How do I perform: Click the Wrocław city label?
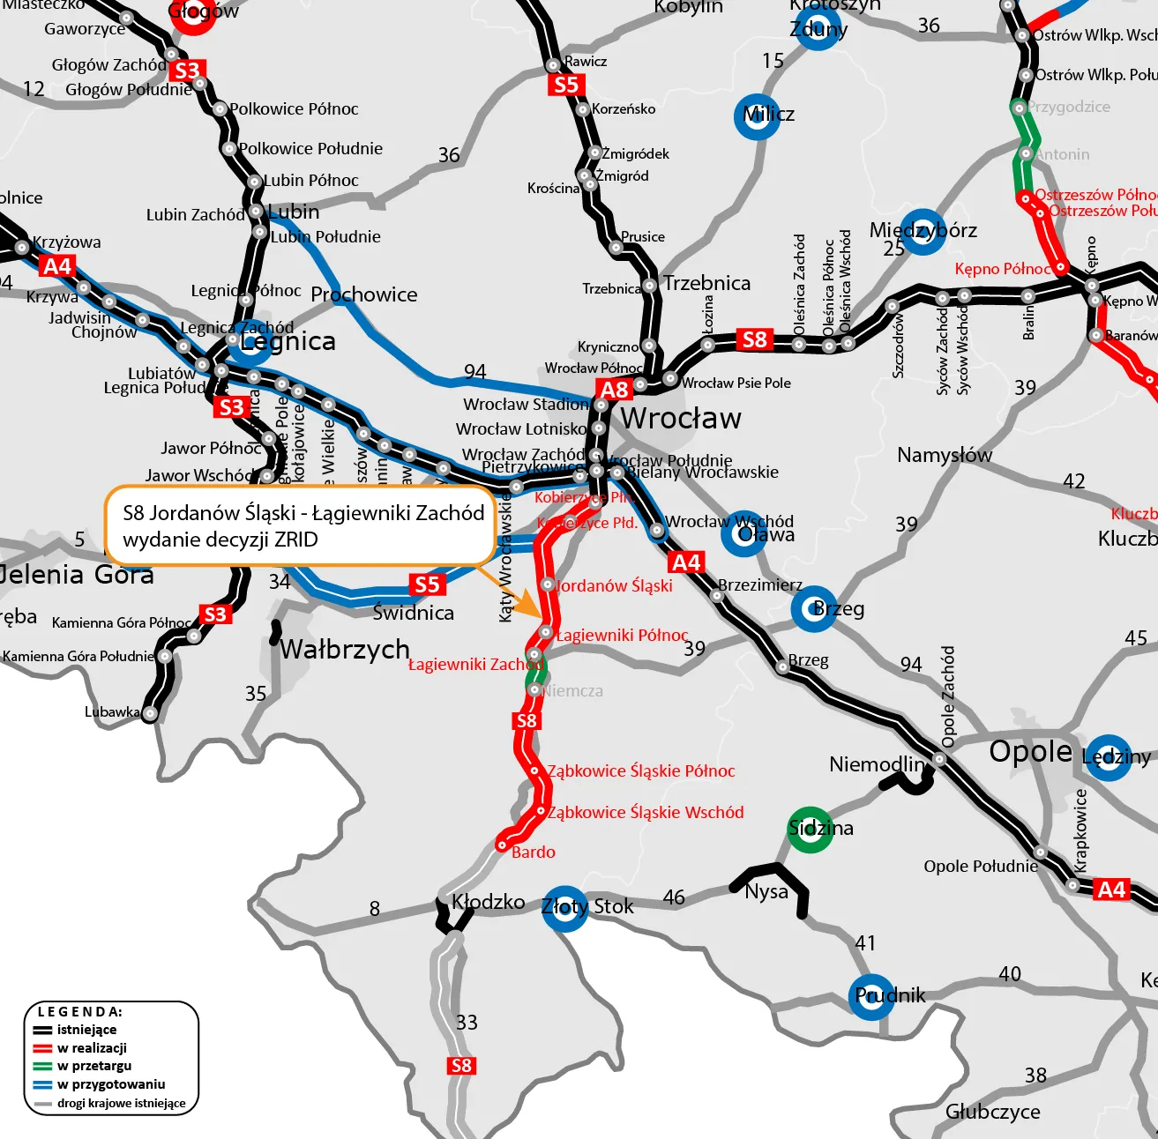coord(681,418)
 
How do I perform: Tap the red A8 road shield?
coord(614,389)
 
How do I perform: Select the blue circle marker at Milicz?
coord(757,115)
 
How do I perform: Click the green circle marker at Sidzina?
coord(810,829)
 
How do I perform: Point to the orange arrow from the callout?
coord(516,594)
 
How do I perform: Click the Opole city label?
coord(1030,752)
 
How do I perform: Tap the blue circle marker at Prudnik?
coord(871,996)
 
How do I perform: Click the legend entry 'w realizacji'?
coord(92,1047)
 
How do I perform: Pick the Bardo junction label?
coord(534,852)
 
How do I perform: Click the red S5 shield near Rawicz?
coord(565,85)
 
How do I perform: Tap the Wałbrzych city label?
coord(345,650)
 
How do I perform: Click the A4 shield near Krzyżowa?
coord(56,266)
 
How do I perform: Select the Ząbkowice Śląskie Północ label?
coord(641,771)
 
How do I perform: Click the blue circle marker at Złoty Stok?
coord(564,909)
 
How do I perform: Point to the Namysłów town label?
coord(944,455)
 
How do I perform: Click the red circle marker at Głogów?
coord(193,14)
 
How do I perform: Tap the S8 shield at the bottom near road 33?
coord(461,1065)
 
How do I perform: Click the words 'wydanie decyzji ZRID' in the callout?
coord(220,540)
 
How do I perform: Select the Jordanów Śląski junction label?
coord(615,585)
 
